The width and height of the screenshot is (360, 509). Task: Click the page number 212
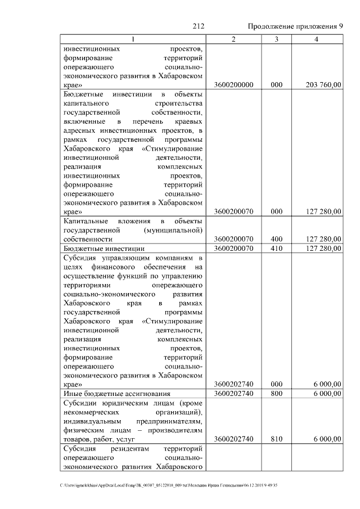[197, 26]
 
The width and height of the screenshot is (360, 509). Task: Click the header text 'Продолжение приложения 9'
[295, 26]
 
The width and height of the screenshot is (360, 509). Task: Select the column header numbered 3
[276, 39]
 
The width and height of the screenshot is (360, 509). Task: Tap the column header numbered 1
[133, 39]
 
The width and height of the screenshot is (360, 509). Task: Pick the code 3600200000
[234, 85]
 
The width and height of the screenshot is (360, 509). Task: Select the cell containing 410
[276, 248]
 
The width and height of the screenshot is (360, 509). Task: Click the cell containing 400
[276, 239]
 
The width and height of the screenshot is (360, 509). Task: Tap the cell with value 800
[276, 394]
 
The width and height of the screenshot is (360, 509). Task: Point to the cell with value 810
[276, 439]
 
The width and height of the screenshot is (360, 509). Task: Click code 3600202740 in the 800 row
[234, 394]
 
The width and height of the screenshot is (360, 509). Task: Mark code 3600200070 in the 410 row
[234, 248]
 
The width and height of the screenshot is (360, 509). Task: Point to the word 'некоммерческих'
[92, 412]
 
